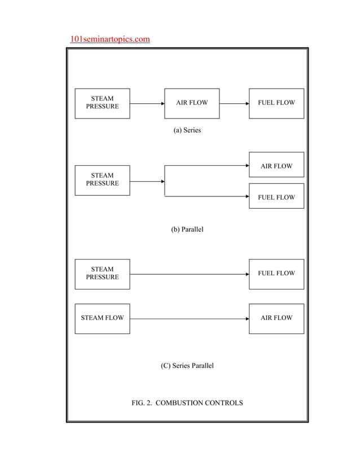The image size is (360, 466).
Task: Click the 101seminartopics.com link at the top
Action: click(x=110, y=39)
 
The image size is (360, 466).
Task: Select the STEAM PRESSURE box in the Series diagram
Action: click(x=102, y=103)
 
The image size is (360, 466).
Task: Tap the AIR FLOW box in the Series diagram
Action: click(x=192, y=103)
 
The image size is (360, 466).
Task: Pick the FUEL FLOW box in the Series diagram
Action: click(x=276, y=103)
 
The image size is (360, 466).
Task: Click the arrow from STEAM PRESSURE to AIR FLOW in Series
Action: click(x=147, y=104)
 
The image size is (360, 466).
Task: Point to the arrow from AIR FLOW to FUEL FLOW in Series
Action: click(x=234, y=104)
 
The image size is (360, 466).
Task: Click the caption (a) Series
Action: click(x=187, y=130)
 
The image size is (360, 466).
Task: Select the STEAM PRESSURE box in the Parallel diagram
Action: click(x=102, y=180)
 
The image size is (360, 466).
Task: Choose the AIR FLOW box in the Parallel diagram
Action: click(x=276, y=165)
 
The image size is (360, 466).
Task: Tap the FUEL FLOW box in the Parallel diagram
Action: click(x=276, y=196)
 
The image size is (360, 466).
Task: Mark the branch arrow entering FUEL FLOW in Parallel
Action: click(x=207, y=196)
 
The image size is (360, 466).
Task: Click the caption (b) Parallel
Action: click(x=187, y=230)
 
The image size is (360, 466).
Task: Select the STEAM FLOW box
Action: click(x=102, y=318)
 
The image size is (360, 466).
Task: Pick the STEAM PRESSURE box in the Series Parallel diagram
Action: click(x=102, y=274)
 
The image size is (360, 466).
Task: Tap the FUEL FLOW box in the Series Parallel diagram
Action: click(x=276, y=274)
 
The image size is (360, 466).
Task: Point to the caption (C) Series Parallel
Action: click(x=187, y=366)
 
